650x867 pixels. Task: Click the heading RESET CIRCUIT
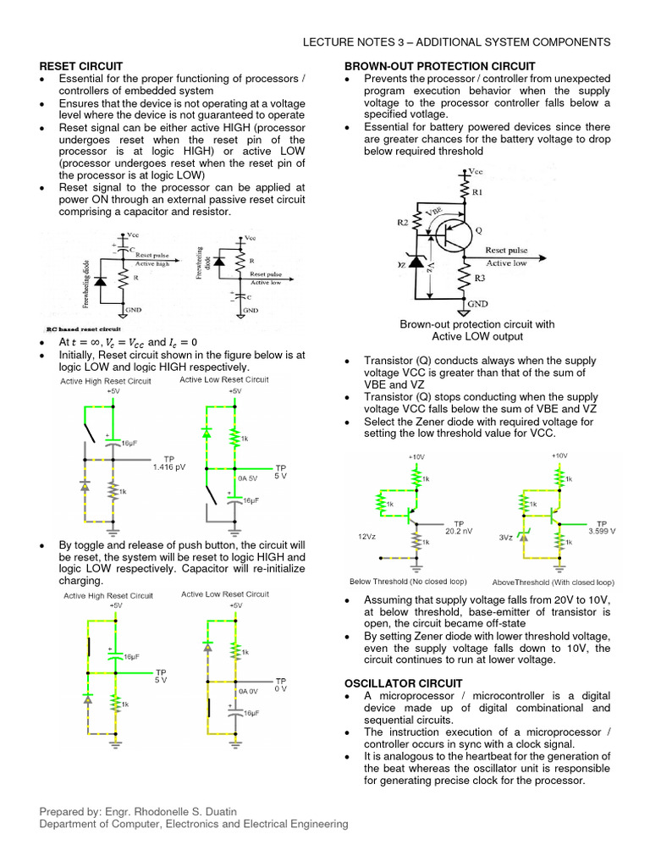[81, 66]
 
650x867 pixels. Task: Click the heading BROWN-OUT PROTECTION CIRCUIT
[439, 66]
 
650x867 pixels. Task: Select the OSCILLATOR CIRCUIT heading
[403, 683]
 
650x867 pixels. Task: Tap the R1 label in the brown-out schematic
[477, 192]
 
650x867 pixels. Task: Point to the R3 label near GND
[480, 278]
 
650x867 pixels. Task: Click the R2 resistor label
[403, 222]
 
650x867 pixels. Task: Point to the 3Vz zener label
[505, 537]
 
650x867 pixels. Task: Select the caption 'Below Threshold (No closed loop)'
[407, 582]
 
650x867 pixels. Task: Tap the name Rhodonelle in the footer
[172, 811]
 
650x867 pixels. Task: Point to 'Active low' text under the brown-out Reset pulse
[506, 262]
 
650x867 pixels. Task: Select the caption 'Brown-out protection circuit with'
[476, 324]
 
